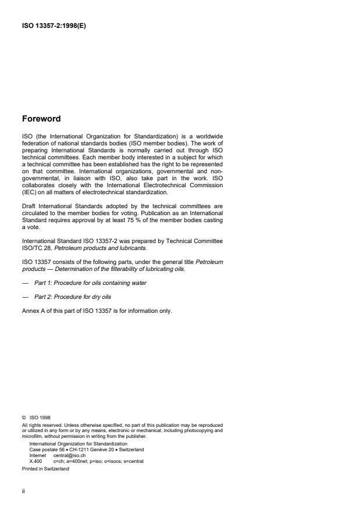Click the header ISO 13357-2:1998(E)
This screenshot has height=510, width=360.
point(54,26)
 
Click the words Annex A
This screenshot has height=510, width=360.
point(34,310)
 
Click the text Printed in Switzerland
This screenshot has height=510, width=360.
point(45,468)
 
